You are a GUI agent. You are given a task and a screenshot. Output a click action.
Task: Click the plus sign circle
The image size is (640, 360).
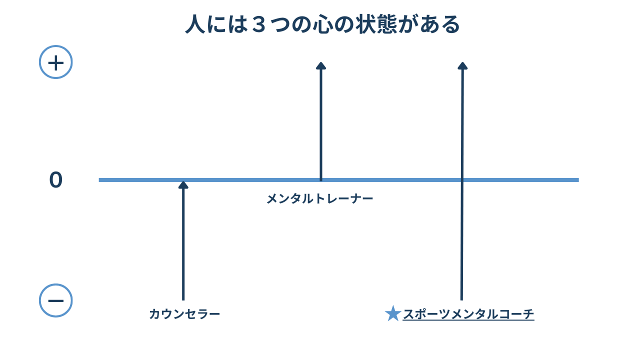(56, 62)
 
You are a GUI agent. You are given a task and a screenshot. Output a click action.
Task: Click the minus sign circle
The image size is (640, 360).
(56, 300)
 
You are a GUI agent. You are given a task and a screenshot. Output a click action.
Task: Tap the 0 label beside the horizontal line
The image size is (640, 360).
(56, 180)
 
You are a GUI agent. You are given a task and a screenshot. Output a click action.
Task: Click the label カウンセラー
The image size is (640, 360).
(184, 314)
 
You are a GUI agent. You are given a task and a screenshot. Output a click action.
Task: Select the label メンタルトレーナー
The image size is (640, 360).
(320, 199)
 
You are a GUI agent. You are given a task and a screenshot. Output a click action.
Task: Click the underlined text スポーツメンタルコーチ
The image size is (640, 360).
(468, 314)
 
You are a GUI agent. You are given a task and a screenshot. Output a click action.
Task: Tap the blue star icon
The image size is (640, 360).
(393, 314)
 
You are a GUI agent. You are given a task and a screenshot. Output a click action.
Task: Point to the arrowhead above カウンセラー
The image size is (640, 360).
(183, 185)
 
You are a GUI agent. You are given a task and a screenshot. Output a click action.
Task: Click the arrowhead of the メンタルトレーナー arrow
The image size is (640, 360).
(321, 65)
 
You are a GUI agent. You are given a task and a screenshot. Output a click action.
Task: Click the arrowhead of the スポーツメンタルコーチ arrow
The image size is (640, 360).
(462, 66)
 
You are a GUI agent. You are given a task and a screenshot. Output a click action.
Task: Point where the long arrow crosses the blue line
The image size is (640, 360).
(462, 180)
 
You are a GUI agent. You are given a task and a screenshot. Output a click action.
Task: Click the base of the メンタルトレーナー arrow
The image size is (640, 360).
(321, 179)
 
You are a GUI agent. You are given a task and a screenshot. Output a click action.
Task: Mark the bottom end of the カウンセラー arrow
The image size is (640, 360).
(183, 299)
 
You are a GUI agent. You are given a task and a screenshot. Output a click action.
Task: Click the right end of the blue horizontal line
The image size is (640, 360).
(577, 180)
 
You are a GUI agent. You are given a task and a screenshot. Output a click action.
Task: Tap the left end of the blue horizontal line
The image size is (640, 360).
(100, 180)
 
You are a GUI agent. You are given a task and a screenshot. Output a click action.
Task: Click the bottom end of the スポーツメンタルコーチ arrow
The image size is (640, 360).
(461, 299)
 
